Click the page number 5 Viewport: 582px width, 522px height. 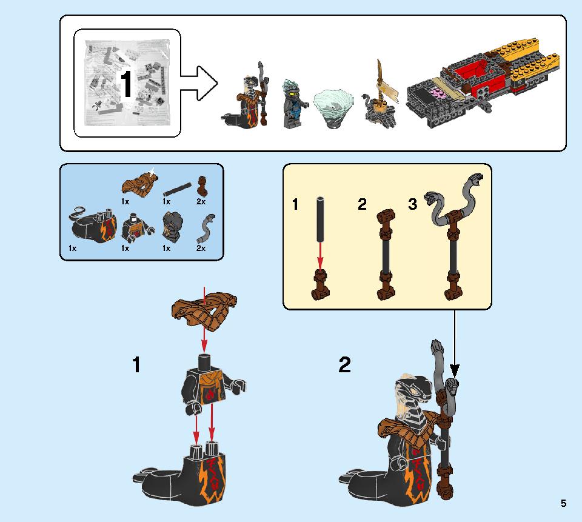point(563,503)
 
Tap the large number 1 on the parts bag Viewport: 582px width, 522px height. point(126,84)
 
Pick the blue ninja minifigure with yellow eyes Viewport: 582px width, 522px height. point(293,104)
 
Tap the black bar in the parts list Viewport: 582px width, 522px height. point(176,189)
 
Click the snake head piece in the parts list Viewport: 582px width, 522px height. point(172,226)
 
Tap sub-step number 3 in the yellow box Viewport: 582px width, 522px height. point(412,204)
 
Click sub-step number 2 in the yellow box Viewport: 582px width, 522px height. point(362,204)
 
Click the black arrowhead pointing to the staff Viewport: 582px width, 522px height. point(454,370)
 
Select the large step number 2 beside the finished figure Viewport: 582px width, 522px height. point(344,364)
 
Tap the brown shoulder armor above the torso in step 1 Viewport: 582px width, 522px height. point(204,311)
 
